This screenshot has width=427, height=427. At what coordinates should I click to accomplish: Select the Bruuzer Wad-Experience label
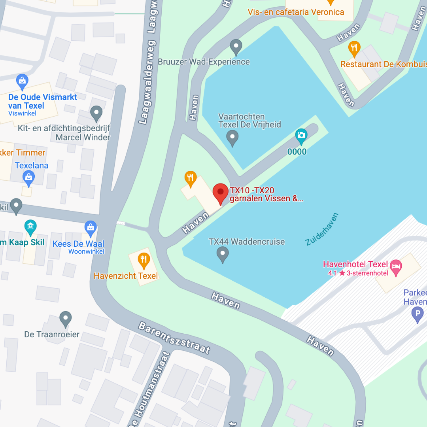pyautogui.click(x=204, y=62)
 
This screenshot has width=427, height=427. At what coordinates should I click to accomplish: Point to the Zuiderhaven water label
pyautogui.click(x=322, y=229)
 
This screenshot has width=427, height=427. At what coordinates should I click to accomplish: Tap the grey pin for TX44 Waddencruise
pyautogui.click(x=223, y=254)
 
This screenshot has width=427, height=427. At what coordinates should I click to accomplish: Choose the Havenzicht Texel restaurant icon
pyautogui.click(x=144, y=260)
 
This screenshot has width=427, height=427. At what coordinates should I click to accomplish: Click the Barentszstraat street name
pyautogui.click(x=174, y=337)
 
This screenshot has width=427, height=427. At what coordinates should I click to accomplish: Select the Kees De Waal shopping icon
pyautogui.click(x=91, y=227)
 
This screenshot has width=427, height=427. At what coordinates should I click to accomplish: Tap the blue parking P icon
pyautogui.click(x=417, y=315)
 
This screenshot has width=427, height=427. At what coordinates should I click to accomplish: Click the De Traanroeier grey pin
pyautogui.click(x=65, y=318)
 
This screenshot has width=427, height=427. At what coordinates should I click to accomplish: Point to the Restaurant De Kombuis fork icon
pyautogui.click(x=354, y=48)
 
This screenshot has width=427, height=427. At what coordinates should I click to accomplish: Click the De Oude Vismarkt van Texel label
pyautogui.click(x=43, y=102)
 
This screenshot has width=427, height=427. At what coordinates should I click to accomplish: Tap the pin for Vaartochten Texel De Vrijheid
pyautogui.click(x=232, y=138)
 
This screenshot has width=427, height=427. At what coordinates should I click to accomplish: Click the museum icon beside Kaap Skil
pyautogui.click(x=30, y=227)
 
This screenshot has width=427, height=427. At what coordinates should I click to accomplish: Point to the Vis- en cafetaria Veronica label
pyautogui.click(x=296, y=12)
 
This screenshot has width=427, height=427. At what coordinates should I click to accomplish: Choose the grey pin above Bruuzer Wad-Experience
pyautogui.click(x=236, y=46)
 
